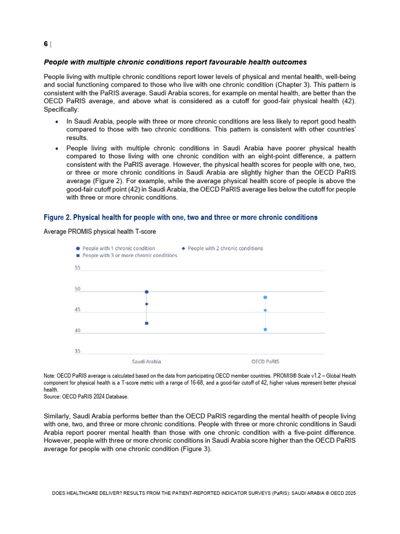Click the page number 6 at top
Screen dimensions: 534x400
click(x=46, y=44)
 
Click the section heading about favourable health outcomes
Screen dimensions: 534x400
click(x=175, y=63)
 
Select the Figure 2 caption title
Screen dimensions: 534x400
click(x=180, y=217)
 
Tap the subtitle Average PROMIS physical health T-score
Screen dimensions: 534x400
click(x=99, y=231)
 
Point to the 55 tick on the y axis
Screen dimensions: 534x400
click(x=78, y=268)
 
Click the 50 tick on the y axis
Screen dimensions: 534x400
click(x=78, y=289)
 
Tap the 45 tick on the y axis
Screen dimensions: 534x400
click(x=78, y=310)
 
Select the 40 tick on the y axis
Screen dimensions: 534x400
click(x=78, y=331)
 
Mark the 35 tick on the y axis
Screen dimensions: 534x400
click(x=78, y=351)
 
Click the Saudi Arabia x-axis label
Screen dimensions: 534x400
click(x=146, y=361)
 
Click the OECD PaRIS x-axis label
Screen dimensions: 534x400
click(x=265, y=361)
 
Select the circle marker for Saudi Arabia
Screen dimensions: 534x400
click(x=147, y=292)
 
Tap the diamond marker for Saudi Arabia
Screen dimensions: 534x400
click(x=147, y=304)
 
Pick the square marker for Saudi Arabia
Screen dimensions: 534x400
click(x=147, y=323)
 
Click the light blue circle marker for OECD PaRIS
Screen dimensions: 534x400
click(x=265, y=297)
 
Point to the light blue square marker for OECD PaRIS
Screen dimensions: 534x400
click(x=265, y=330)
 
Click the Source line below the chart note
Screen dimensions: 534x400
click(x=86, y=396)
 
